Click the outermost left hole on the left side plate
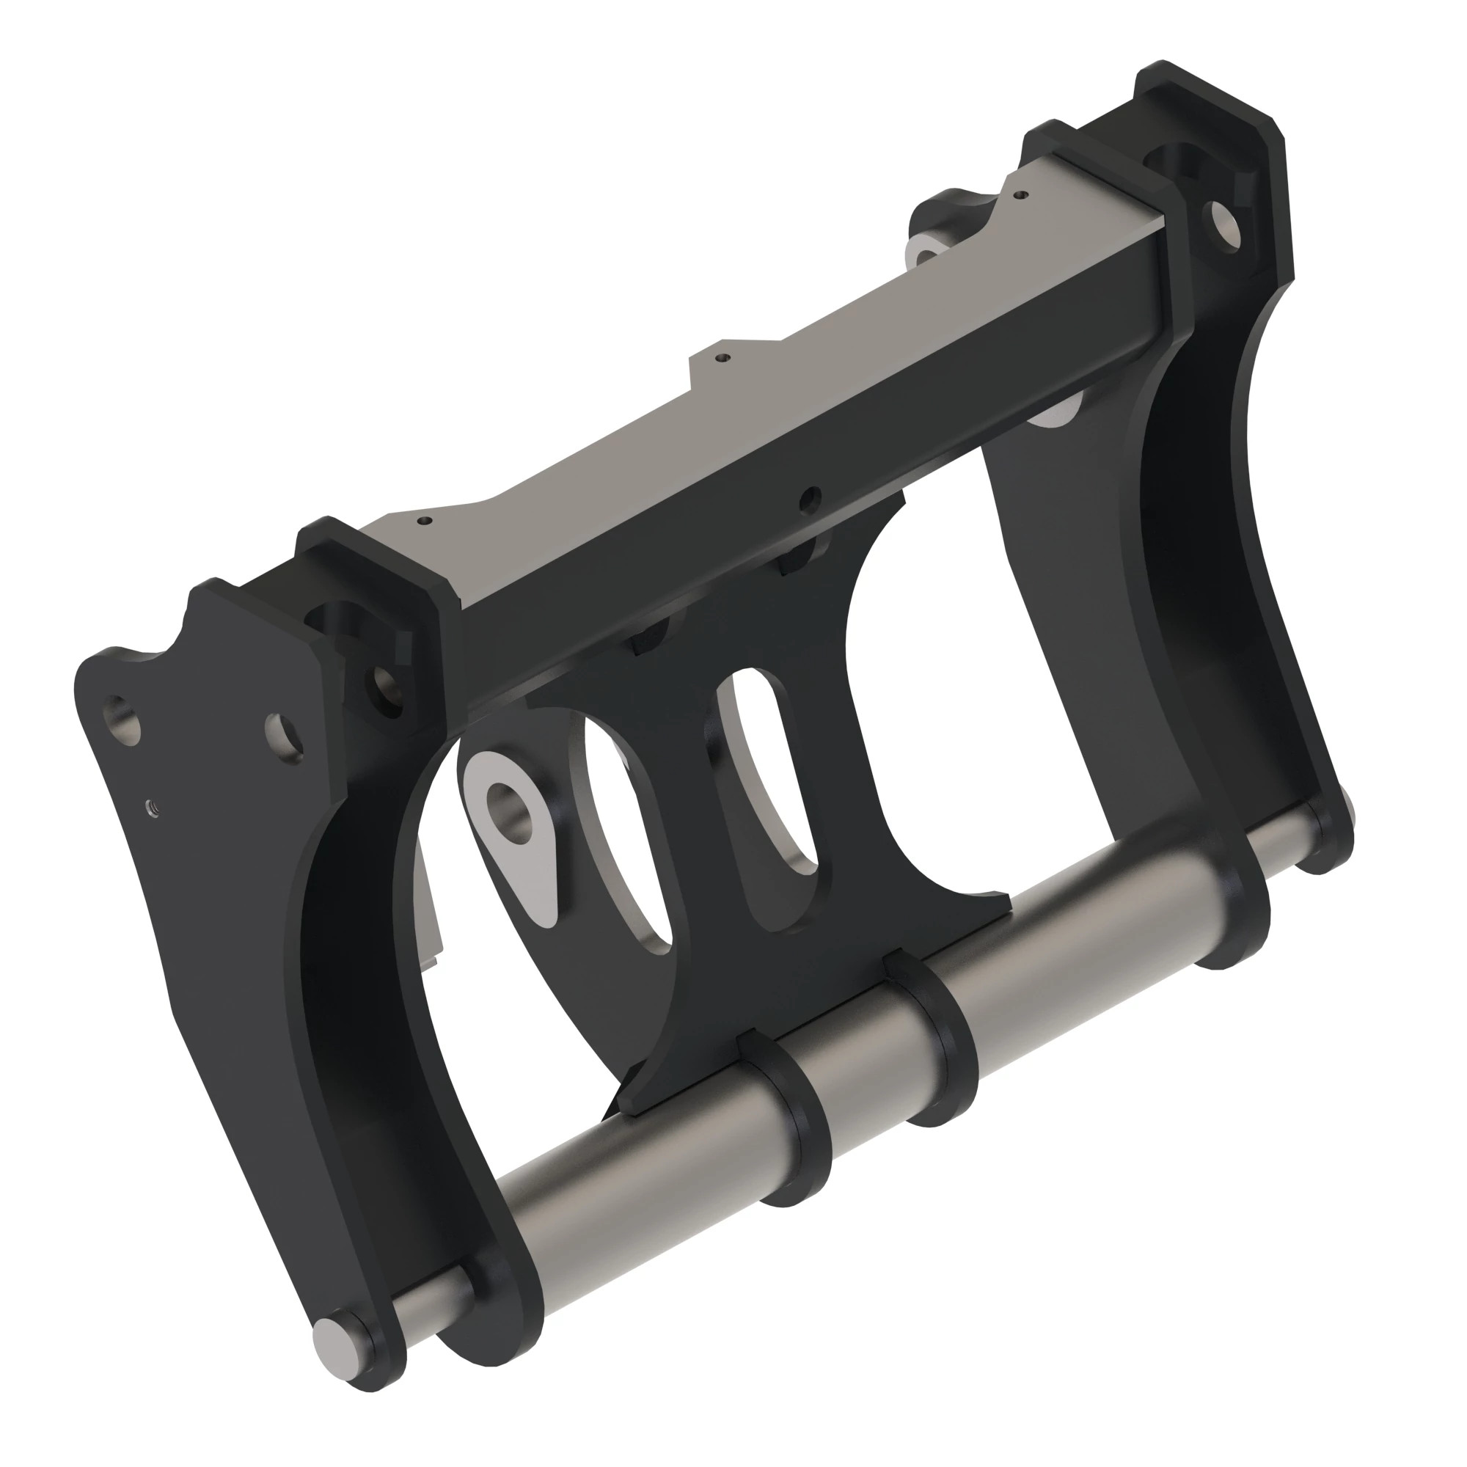click(125, 717)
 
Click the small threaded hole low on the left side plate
click(152, 805)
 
